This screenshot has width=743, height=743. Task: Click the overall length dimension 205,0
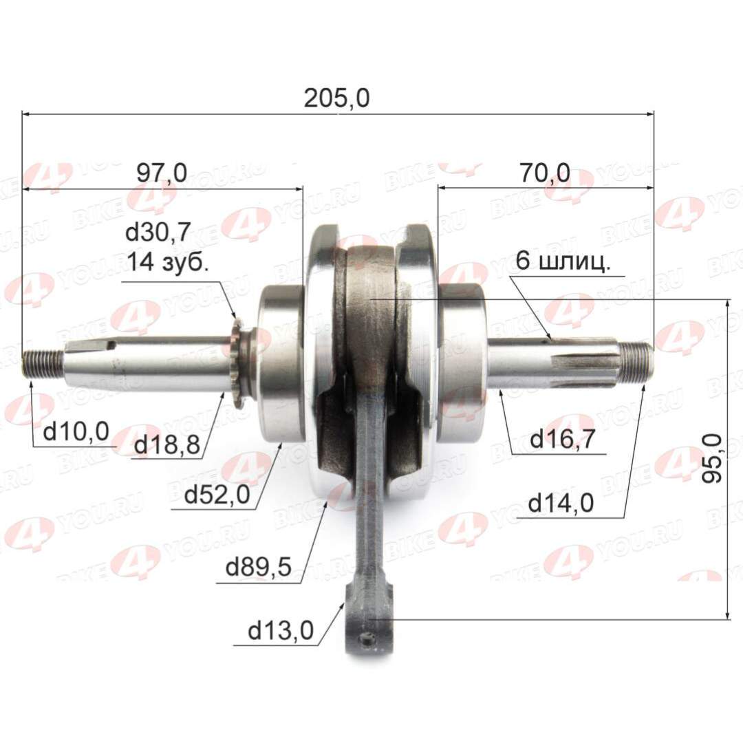337,99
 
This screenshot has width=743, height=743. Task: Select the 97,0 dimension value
161,173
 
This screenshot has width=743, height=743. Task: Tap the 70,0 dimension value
545,173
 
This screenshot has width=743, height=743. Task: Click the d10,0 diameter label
76,432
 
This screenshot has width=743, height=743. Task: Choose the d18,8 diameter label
167,445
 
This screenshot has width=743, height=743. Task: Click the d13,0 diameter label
280,630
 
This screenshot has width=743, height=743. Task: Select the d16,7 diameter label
562,439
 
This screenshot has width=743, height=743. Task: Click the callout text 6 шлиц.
561,262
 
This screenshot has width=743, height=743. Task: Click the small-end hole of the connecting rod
371,640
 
